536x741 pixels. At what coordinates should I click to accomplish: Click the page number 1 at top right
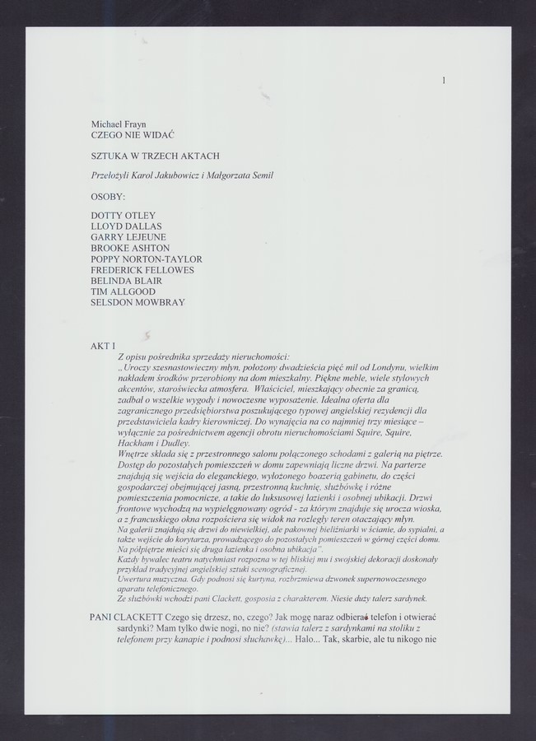coord(444,80)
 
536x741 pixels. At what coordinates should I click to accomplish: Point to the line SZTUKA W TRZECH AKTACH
coord(155,154)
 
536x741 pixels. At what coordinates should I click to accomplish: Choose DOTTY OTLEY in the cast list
coord(123,216)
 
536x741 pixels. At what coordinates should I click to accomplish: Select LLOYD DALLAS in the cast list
coord(126,226)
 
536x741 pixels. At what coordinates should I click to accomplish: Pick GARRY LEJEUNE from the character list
coord(128,237)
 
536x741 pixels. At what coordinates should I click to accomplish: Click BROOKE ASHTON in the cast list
coord(130,248)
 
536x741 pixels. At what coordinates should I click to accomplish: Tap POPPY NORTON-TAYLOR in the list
coord(146,259)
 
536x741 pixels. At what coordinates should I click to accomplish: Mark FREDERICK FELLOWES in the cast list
coord(142,270)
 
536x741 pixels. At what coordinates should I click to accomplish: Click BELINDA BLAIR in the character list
coord(126,281)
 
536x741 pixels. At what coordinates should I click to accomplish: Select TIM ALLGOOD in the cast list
coord(123,291)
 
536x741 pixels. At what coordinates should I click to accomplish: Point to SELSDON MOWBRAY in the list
coord(137,302)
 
